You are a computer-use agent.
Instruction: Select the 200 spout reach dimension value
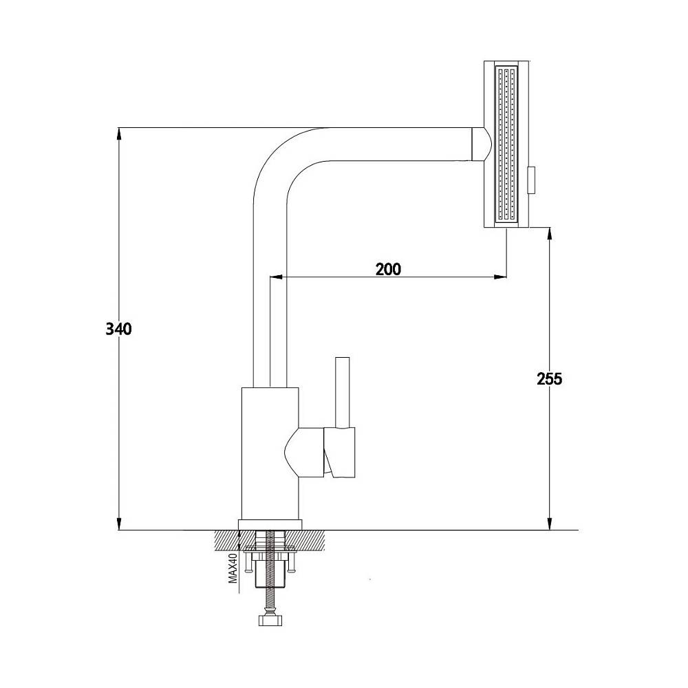point(389,269)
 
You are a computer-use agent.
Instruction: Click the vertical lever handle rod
point(342,392)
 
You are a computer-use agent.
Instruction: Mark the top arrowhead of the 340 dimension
point(120,133)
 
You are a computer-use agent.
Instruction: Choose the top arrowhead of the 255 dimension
point(549,233)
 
